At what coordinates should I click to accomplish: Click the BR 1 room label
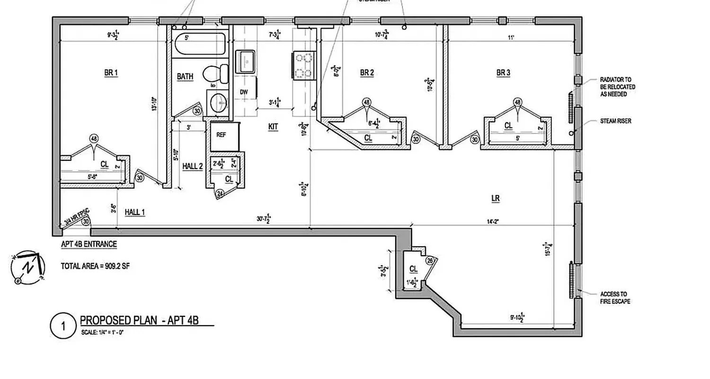pos(111,73)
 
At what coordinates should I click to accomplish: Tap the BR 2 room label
pos(367,73)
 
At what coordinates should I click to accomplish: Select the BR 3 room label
pos(503,73)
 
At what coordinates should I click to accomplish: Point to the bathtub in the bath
pos(200,45)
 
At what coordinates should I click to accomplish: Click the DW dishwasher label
pos(244,92)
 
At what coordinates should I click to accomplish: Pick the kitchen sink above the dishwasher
pos(246,61)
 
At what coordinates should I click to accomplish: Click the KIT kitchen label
pos(273,127)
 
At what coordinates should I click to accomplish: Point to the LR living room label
pos(496,199)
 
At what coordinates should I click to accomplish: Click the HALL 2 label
pos(193,166)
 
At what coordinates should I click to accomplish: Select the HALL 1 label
pos(134,213)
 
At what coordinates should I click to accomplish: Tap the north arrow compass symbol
pos(27,267)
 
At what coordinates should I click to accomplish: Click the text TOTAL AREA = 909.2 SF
pos(95,266)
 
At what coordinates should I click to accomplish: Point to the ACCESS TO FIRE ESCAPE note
pos(614,298)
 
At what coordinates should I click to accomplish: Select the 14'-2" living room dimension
pos(492,220)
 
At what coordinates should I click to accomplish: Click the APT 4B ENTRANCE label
pos(89,244)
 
